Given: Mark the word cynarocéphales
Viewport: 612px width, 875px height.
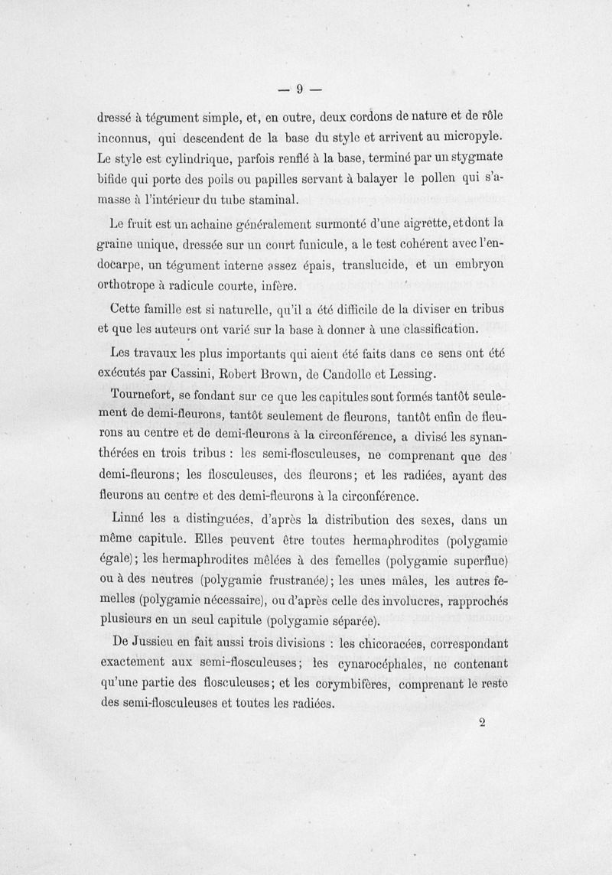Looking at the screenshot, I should click(379, 665).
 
